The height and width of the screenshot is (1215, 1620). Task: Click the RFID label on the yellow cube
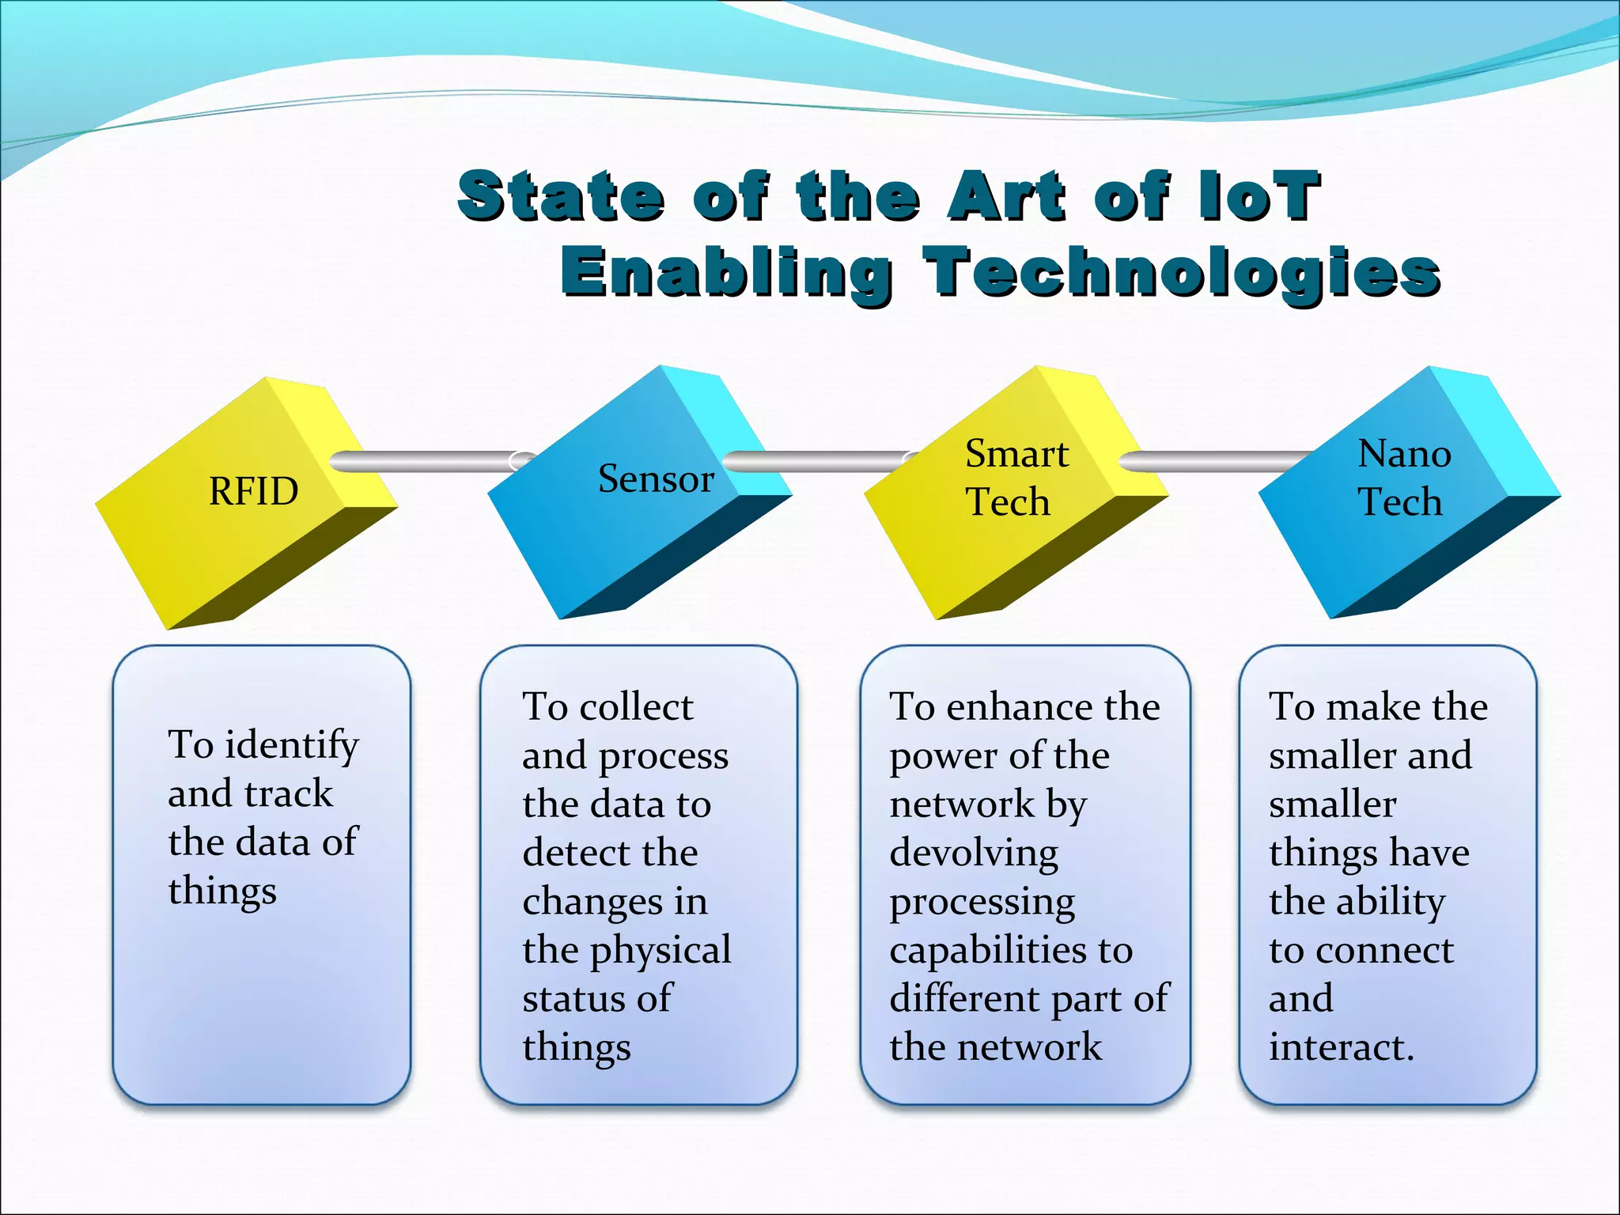tap(253, 491)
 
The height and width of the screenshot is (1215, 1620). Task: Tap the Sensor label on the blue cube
tap(656, 479)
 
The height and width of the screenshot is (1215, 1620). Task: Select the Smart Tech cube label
tap(1015, 478)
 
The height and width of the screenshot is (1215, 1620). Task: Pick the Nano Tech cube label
tap(1403, 478)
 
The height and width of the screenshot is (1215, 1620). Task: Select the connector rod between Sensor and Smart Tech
tap(815, 461)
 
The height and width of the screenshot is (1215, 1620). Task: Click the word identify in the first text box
tap(292, 745)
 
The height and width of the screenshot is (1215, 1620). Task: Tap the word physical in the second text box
tap(660, 951)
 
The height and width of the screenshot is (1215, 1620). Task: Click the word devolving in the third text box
tap(973, 853)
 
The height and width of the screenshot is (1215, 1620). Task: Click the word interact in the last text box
tap(1340, 1047)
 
